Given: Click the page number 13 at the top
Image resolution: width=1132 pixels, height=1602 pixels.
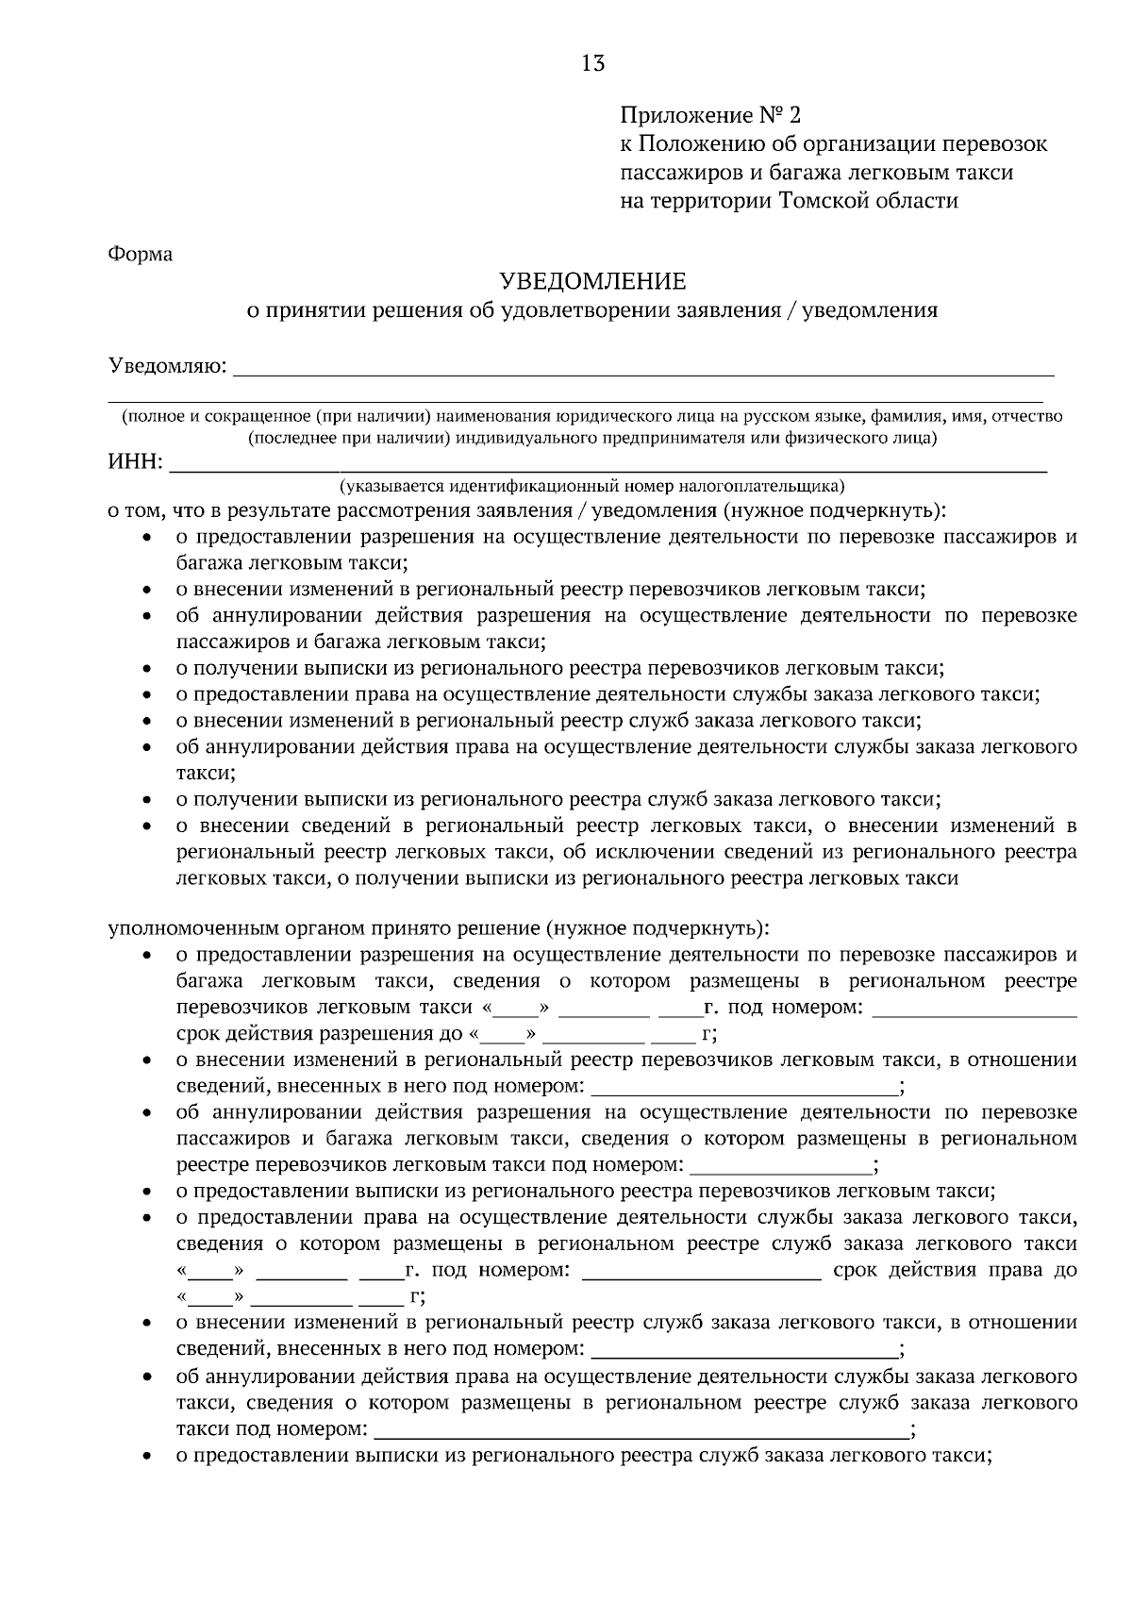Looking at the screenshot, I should click(593, 63).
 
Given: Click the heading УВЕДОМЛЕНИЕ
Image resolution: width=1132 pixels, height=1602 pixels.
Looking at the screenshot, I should click(592, 281).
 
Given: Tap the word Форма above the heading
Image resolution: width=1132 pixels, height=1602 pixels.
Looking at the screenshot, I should click(141, 254).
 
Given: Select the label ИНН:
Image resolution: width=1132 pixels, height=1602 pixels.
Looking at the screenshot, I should click(136, 463).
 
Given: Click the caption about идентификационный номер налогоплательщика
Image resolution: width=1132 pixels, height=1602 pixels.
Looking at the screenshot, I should click(592, 487).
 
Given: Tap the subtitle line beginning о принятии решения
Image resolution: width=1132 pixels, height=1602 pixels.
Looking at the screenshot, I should click(592, 310).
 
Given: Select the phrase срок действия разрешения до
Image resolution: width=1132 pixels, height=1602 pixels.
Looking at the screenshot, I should click(320, 1033).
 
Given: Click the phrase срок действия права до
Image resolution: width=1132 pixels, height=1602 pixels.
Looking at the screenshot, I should click(955, 1269).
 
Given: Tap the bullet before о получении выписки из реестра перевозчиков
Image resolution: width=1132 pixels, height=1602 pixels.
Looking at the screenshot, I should click(148, 669).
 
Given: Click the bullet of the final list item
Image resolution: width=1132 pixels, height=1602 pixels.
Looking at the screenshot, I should click(148, 1455).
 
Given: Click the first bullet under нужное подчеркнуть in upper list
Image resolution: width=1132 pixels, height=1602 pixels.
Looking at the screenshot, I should click(148, 538).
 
